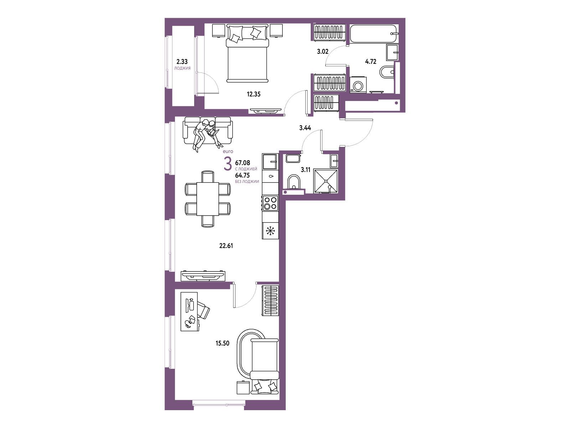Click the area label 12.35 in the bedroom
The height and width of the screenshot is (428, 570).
(253, 94)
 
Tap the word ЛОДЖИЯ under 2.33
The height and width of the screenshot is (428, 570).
(182, 68)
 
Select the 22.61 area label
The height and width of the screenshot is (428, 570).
(226, 245)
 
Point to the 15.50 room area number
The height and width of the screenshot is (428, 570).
(223, 343)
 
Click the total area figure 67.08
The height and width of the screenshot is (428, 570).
(243, 163)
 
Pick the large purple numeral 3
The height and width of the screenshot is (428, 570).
(228, 164)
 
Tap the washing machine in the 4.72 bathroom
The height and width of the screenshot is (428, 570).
(358, 85)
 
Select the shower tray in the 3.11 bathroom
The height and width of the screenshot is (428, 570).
(326, 181)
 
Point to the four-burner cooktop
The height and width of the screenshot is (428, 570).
(270, 203)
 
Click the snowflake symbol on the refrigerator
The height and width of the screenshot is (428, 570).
(270, 231)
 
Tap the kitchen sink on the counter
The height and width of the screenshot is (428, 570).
(270, 161)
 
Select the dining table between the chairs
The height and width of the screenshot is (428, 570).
(208, 199)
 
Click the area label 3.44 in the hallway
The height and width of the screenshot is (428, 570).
(305, 128)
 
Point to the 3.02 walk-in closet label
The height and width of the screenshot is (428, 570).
(323, 51)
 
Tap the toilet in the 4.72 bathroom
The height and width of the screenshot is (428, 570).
(387, 72)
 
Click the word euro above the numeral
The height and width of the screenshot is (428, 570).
(228, 152)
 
